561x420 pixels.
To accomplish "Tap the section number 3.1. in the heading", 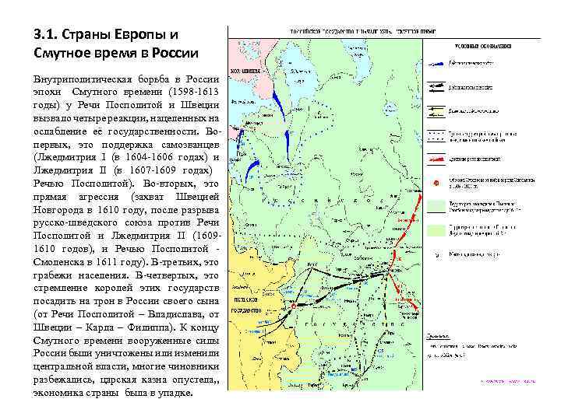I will click(x=48, y=35).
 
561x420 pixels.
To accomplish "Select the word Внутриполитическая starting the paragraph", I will click(x=83, y=80).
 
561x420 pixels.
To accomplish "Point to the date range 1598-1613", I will click(x=188, y=93).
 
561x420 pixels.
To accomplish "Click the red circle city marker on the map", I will click(x=294, y=306).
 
